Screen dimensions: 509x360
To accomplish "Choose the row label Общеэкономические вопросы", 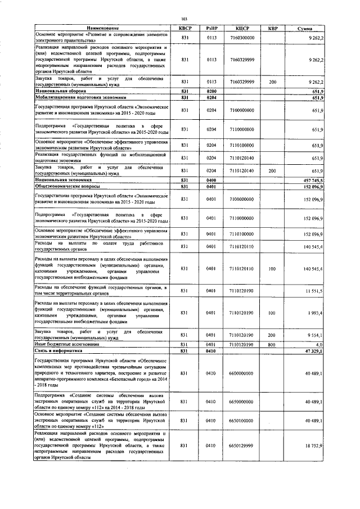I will point(67,186).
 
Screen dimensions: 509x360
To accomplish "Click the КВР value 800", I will point(273,344).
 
